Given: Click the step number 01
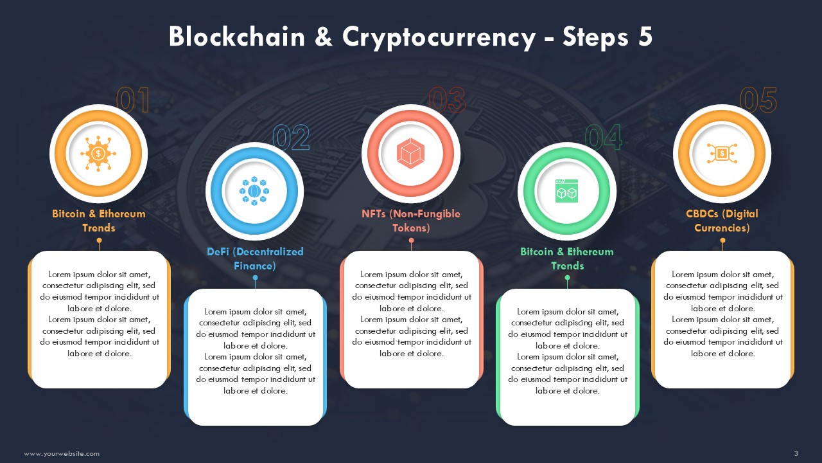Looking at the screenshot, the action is pos(133,100).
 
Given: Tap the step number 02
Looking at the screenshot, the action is pos(291,138).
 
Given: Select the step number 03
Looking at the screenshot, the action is pos(448,100).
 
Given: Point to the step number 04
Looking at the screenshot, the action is pos(604,138).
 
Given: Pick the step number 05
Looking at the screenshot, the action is pos(758,100).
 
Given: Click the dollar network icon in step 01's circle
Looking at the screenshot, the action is pos(98,154).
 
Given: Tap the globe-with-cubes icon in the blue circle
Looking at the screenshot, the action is pos(254,191).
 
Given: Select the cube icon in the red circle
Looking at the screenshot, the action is pos(410,153).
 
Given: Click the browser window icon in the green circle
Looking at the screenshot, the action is pos(566,191).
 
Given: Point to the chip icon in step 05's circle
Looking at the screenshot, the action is pos(722,153).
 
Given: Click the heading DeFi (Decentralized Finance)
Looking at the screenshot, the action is pos(255,259).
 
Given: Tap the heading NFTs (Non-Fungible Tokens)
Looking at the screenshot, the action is pos(411,221).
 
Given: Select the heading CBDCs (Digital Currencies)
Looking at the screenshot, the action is pos(722,221).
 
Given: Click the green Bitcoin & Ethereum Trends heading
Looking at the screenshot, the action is pos(567,259).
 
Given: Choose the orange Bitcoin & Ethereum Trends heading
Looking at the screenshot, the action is pos(99,221).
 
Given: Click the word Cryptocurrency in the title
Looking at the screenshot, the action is pos(439,37).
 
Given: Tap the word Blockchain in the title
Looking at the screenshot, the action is pos(237,37).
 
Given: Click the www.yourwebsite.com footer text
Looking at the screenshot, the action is pos(62,454).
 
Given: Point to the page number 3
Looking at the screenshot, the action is pos(796,453).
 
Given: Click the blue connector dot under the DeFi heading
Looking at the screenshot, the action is pos(256,278).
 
